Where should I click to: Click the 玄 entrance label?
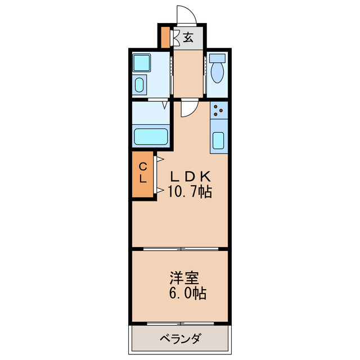[188, 38]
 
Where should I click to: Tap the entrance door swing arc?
[186, 15]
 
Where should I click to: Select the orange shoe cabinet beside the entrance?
[165, 37]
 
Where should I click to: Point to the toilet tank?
[217, 58]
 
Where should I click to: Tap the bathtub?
[151, 137]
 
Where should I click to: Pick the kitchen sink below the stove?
[219, 141]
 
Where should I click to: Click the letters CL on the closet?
[143, 173]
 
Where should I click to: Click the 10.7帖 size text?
[189, 192]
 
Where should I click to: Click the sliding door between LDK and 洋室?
[180, 247]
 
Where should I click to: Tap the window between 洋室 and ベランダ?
[180, 323]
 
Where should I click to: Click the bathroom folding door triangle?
[165, 105]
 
